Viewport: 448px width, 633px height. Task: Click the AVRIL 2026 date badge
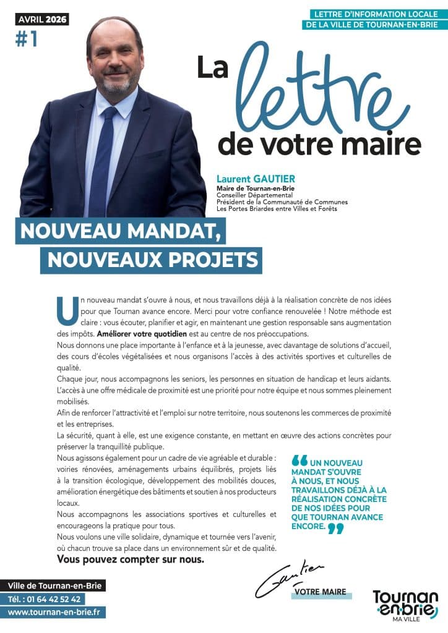[43, 19]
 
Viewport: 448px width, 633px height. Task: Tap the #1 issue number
[26, 38]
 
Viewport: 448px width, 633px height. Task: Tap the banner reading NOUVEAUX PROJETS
[151, 260]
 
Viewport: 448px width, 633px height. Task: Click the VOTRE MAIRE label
[321, 592]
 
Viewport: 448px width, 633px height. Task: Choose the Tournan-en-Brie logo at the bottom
[405, 605]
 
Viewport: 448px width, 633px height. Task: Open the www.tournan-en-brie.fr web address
[56, 612]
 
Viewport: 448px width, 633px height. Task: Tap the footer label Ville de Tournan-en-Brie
[56, 585]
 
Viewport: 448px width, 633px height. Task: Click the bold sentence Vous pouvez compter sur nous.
[130, 560]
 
